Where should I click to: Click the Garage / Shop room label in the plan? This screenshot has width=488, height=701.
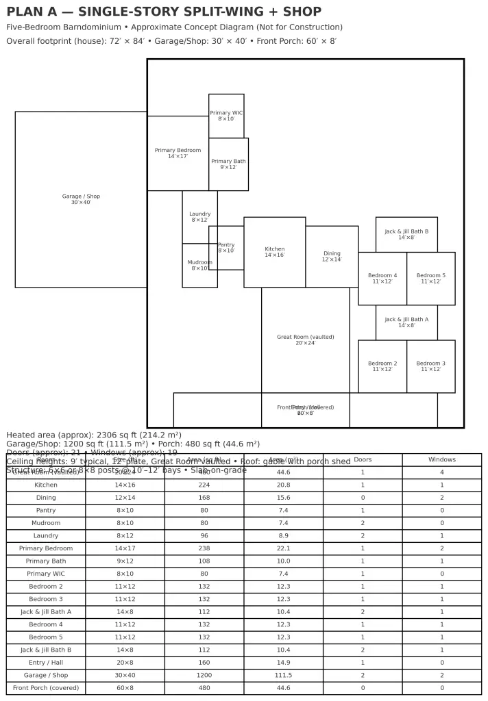(x=81, y=199)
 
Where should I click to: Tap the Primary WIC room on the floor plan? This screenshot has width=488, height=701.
(x=226, y=116)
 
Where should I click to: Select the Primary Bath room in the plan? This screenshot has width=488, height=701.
(x=228, y=164)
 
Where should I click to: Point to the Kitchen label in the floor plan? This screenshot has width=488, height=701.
(x=274, y=252)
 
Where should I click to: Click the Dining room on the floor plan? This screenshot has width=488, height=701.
(x=332, y=256)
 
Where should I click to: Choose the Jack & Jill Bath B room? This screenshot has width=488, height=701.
(x=406, y=234)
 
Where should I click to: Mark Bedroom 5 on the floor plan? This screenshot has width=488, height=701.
(x=430, y=278)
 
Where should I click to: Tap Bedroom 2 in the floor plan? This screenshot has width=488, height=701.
(x=382, y=366)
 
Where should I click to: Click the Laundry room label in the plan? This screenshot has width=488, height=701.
(x=199, y=217)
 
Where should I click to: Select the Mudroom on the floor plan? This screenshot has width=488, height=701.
(x=199, y=265)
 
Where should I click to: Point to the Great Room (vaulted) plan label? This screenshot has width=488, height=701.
(x=305, y=340)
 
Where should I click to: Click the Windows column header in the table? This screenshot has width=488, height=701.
(x=441, y=459)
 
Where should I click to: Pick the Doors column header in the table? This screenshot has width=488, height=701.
(x=362, y=459)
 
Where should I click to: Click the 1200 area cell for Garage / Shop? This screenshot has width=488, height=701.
(x=204, y=675)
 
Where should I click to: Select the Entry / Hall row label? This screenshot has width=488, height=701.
(x=46, y=663)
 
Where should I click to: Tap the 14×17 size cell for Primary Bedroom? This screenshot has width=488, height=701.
(x=125, y=548)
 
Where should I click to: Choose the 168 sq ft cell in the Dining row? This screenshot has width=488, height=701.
(x=204, y=498)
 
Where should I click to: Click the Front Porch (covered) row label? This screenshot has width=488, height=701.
(x=46, y=688)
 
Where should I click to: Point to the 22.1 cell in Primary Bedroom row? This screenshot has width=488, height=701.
(x=283, y=548)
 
